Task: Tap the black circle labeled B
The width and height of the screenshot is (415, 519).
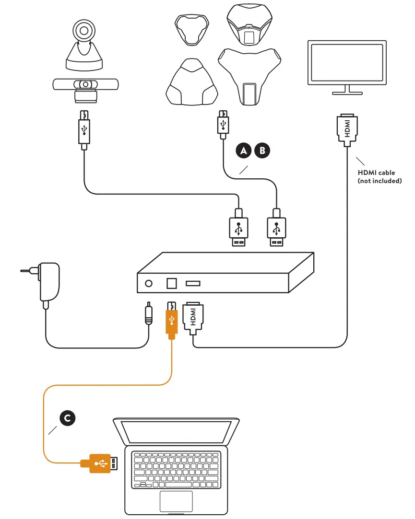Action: (262, 150)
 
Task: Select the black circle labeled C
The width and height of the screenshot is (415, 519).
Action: (67, 418)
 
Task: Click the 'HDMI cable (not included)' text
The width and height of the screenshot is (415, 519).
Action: (379, 176)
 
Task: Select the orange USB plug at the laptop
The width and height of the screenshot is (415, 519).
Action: (99, 463)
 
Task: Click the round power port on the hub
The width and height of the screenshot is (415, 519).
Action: (149, 283)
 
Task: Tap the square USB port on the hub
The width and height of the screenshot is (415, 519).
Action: (171, 283)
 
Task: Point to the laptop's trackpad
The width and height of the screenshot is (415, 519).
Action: (176, 501)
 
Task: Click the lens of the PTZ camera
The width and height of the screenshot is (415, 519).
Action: (84, 31)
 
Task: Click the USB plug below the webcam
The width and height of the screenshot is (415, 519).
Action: (84, 128)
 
